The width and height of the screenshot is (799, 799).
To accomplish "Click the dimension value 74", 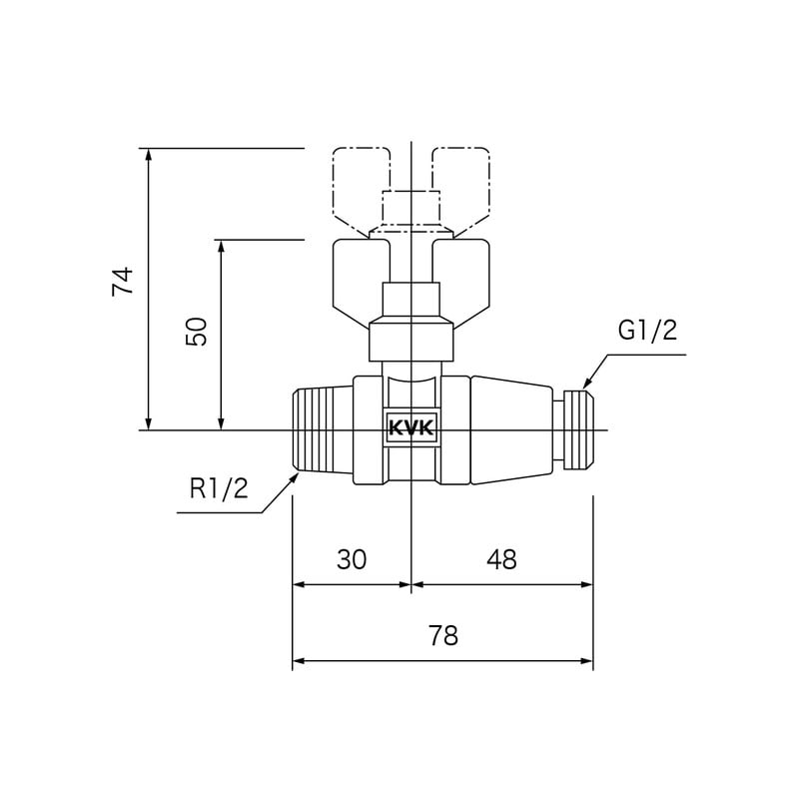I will [122, 282].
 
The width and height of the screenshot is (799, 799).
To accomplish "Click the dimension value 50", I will [197, 332].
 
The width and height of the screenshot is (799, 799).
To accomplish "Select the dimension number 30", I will [352, 560].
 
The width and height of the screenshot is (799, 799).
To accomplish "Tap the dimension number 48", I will [501, 560].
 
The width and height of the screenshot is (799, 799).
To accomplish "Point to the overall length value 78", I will [442, 636].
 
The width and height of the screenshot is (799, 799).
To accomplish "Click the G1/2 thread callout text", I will [647, 331].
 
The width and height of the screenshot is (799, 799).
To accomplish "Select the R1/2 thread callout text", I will [219, 488].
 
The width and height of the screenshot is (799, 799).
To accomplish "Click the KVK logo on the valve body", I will [411, 428].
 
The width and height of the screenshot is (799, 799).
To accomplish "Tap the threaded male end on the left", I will [322, 429].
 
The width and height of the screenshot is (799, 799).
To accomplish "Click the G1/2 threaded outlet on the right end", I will [578, 429].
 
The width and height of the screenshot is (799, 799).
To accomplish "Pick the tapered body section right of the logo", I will [510, 429].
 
